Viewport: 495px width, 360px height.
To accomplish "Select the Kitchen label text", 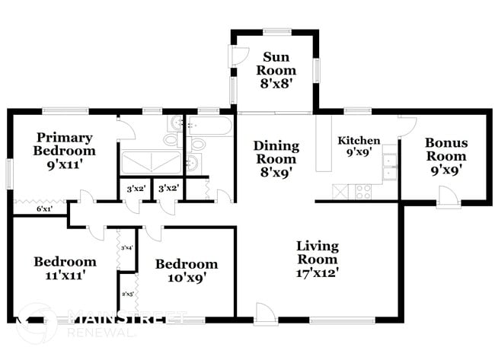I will [x=359, y=146].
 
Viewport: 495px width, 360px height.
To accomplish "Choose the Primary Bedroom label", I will [x=65, y=150].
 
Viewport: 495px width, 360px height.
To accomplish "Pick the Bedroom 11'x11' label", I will [x=65, y=268].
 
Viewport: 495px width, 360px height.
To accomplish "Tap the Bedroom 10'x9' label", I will [x=187, y=270].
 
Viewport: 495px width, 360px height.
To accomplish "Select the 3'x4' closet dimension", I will [x=126, y=247].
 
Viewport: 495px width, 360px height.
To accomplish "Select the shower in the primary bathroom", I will [x=151, y=161].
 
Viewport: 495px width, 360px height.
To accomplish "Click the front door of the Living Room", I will [x=263, y=313].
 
